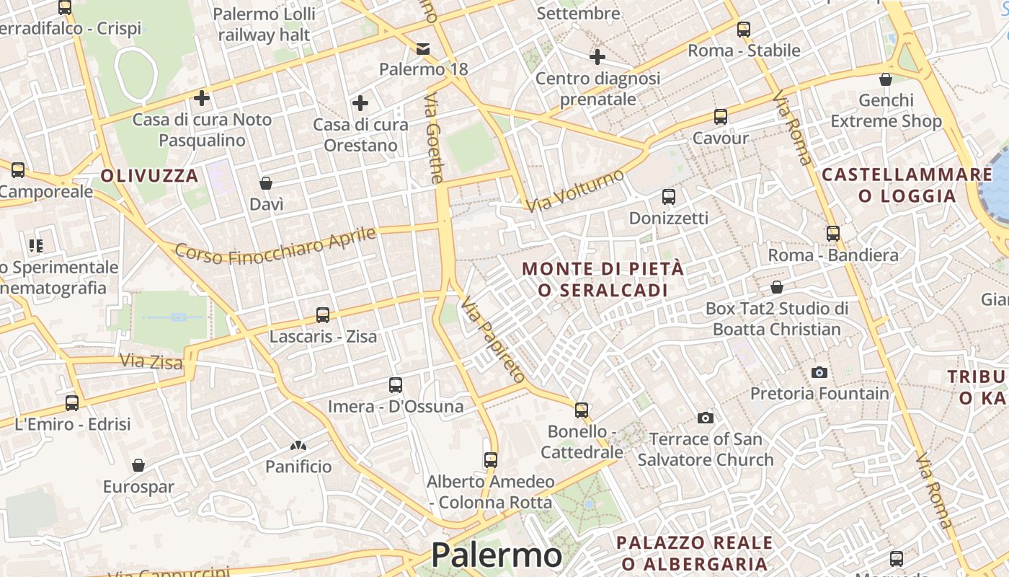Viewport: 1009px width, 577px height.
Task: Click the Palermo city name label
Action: point(496,555)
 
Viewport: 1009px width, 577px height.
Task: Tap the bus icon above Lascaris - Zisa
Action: point(323,315)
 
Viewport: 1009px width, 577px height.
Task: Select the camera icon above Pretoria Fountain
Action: point(819,372)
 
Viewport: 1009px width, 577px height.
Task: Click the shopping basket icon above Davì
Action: point(266,183)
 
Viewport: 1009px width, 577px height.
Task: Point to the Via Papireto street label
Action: point(493,338)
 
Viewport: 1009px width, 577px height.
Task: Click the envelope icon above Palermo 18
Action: point(423,49)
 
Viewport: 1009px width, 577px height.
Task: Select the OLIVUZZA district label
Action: point(149,175)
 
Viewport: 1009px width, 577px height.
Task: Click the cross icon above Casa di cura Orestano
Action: point(360,103)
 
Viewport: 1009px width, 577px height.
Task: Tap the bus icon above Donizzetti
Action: point(669,197)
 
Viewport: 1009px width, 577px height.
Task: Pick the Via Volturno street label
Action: point(574,190)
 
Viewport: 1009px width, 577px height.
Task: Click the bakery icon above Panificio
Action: point(298,446)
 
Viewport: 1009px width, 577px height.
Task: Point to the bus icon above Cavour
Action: point(720,117)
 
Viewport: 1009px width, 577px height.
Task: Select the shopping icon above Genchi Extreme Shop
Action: point(886,79)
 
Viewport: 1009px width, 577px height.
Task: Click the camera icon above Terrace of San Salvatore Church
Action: point(706,418)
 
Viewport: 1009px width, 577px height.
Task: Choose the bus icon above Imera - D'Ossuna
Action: point(395,385)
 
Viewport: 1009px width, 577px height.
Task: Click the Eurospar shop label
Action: point(138,486)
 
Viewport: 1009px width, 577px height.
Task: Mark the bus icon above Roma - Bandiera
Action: point(833,234)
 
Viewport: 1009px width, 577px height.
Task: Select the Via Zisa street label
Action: point(151,361)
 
